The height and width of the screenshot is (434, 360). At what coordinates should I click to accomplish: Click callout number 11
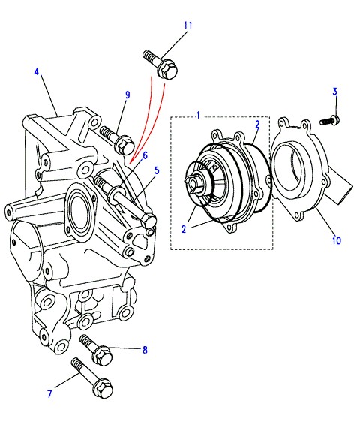(187, 26)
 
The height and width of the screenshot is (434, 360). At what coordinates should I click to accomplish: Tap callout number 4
(37, 71)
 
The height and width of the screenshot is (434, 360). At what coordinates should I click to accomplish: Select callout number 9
(127, 95)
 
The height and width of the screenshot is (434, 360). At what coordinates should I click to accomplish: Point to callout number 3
(334, 92)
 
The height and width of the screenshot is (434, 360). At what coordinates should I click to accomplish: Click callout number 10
(337, 240)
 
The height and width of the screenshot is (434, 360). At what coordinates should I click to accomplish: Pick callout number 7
(49, 393)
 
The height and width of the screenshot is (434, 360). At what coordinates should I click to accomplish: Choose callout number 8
(145, 350)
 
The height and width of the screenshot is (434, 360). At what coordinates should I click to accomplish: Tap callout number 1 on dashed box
(198, 115)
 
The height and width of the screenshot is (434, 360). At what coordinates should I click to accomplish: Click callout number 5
(157, 170)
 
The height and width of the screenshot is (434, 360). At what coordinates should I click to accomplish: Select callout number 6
(145, 155)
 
